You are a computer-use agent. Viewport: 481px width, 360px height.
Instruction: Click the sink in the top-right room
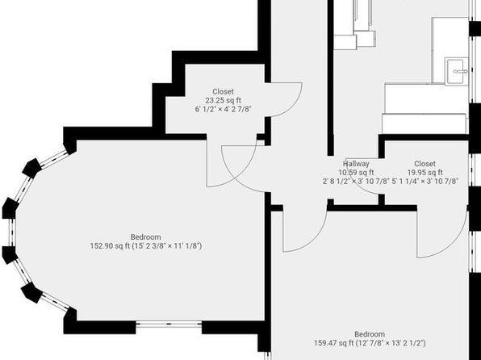(x=457, y=71)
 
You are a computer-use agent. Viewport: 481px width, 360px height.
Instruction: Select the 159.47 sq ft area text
(x=334, y=343)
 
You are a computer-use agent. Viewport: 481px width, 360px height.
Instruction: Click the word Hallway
(x=356, y=164)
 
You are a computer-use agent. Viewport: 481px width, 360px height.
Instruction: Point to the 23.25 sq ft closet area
(x=224, y=100)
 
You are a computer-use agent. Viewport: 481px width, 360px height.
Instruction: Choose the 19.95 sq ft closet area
(x=425, y=173)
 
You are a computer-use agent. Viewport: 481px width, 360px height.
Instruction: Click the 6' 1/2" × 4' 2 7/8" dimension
(x=224, y=109)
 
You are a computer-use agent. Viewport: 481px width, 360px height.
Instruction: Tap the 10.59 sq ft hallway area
(x=356, y=173)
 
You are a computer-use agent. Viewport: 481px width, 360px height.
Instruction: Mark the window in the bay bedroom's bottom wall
(x=169, y=324)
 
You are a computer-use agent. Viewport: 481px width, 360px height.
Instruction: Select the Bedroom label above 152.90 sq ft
(x=146, y=237)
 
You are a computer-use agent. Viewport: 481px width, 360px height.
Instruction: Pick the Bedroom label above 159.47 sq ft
(x=370, y=334)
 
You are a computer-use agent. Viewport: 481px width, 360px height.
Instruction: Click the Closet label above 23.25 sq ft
(x=224, y=92)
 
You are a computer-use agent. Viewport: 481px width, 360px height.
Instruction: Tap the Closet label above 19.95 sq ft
(x=425, y=164)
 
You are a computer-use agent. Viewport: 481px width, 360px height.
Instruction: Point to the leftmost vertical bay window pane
(x=12, y=232)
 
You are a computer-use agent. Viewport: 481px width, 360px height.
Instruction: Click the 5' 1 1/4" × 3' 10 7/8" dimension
(x=425, y=181)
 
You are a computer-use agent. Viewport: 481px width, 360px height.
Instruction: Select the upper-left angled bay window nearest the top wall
(x=54, y=159)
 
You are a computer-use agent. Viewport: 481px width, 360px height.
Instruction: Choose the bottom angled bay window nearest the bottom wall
(x=55, y=302)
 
